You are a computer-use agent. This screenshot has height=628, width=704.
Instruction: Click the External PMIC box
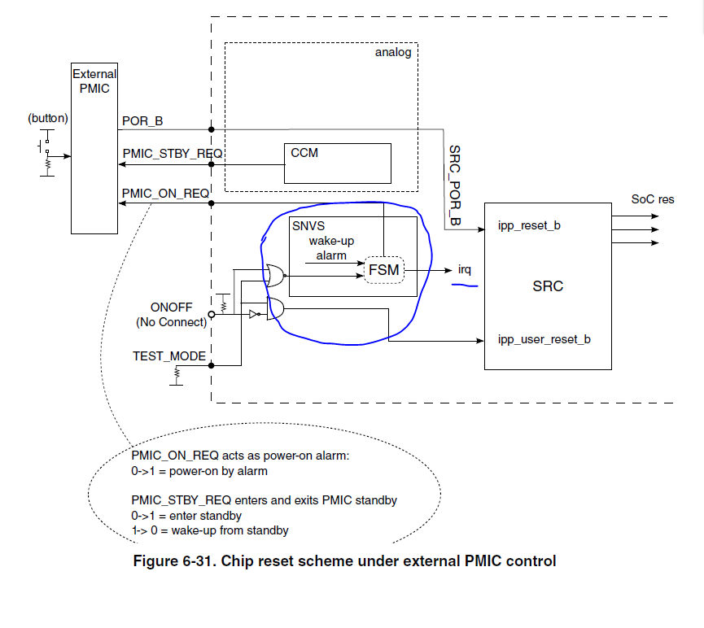[x=94, y=146]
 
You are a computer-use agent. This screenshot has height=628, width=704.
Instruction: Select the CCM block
[x=337, y=163]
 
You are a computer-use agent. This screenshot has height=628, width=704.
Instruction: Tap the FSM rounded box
[x=384, y=269]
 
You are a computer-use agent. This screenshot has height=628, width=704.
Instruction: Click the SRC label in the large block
[x=547, y=286]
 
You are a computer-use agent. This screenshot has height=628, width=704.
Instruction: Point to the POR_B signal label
[x=142, y=121]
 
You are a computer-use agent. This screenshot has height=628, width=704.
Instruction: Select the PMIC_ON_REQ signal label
[x=166, y=193]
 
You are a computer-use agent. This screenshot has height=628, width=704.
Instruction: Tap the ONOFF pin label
[x=171, y=307]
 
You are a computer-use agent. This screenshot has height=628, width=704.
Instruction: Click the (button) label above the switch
[x=48, y=118]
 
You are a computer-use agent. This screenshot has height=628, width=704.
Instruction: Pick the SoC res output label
[x=653, y=199]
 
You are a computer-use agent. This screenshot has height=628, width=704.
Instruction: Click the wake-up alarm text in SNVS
[x=331, y=248]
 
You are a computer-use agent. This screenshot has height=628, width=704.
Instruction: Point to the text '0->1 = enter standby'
[x=186, y=516]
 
